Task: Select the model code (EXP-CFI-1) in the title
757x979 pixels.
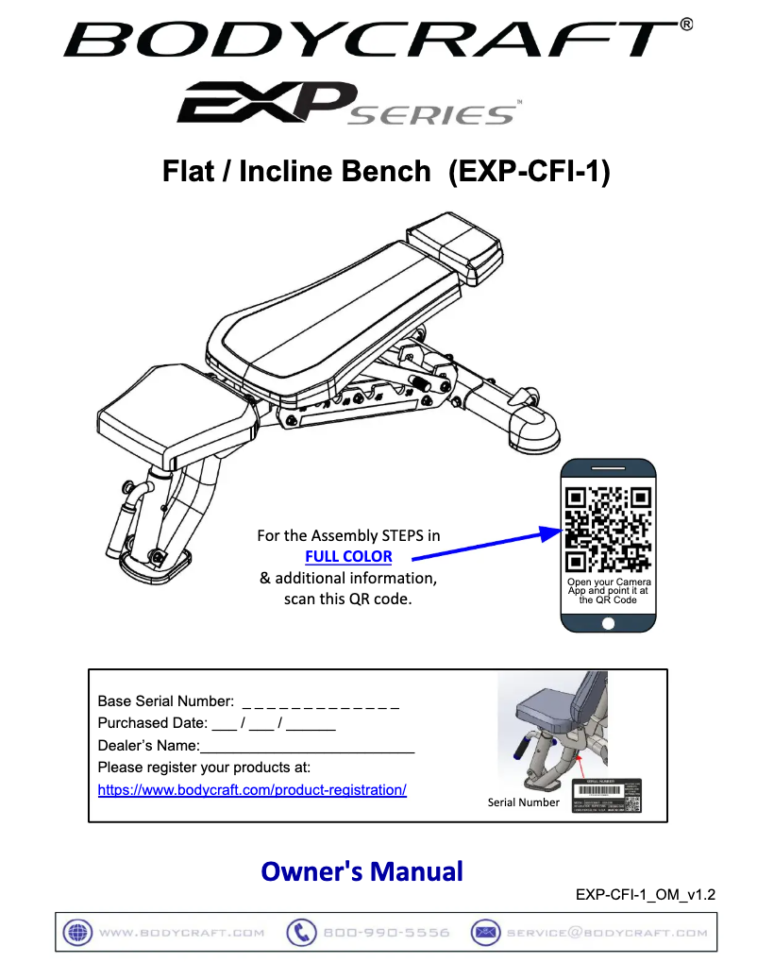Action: click(529, 172)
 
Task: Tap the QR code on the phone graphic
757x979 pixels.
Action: click(608, 529)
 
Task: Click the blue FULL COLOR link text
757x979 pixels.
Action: click(348, 556)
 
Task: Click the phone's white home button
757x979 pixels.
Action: click(608, 624)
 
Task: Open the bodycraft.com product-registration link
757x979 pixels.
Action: click(252, 789)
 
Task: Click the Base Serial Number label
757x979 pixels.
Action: click(165, 701)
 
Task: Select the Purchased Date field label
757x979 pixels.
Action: click(152, 723)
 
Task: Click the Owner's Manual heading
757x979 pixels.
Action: click(362, 870)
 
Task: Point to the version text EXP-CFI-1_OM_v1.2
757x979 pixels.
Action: click(646, 895)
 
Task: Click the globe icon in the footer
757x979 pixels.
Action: click(76, 932)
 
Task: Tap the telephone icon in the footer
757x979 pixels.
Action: click(301, 932)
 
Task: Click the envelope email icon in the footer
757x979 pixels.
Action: click(485, 932)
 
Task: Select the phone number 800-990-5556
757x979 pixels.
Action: click(386, 933)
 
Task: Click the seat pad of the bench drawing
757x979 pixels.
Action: click(175, 415)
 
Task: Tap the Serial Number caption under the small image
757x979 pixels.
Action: click(523, 802)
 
